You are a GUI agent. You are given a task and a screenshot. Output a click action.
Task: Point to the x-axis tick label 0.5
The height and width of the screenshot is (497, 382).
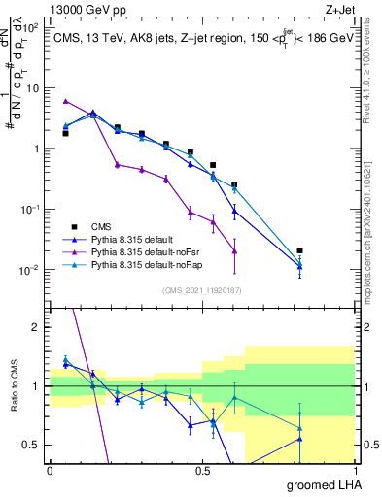click(x=202, y=471)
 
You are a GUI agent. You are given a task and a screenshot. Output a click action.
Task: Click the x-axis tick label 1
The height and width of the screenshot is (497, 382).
click(x=354, y=471)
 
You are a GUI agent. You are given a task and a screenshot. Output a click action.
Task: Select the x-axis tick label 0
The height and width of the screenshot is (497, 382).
click(x=50, y=471)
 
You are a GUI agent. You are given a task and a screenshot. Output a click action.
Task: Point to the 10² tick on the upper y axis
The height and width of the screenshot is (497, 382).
click(x=32, y=28)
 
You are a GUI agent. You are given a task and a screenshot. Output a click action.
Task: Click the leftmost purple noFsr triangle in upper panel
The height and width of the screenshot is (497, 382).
click(x=65, y=101)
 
